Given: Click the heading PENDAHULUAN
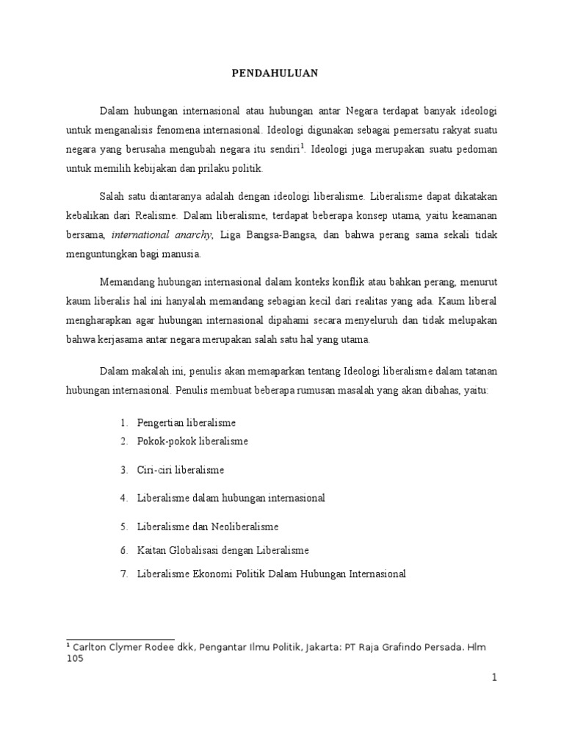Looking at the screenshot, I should [x=282, y=73].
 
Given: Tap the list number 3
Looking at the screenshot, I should [x=124, y=469].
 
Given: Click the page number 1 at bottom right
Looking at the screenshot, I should [x=495, y=678].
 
